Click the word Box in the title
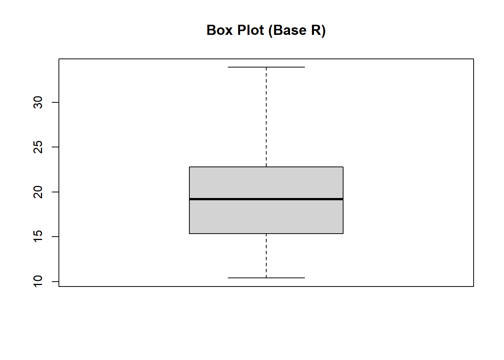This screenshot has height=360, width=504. click(x=220, y=30)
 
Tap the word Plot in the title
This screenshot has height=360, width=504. click(x=250, y=30)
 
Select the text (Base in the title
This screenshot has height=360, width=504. click(x=287, y=31)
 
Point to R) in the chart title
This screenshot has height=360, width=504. click(x=318, y=31)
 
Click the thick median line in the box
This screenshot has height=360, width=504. click(x=266, y=199)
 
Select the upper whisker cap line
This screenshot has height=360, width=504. click(x=266, y=67)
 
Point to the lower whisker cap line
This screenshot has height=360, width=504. click(x=266, y=278)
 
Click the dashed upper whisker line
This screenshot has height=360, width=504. click(x=266, y=117)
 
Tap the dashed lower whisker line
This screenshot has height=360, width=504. click(x=266, y=256)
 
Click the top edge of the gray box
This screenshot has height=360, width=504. click(x=266, y=167)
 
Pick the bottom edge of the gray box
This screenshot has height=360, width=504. click(x=266, y=234)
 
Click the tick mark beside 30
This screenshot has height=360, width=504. click(x=55, y=102)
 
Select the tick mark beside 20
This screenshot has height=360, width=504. click(x=55, y=192)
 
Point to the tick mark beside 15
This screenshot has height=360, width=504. click(x=55, y=237)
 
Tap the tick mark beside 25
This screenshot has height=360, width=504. click(x=55, y=147)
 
